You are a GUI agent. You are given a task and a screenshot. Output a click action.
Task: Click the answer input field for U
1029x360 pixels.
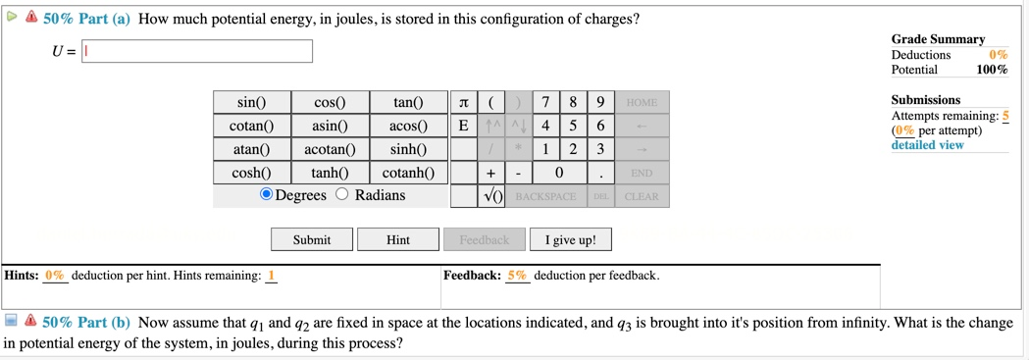[197, 51]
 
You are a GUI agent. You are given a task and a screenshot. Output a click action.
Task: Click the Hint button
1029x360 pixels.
[397, 239]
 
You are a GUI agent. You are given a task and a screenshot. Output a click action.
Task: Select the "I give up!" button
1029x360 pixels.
[570, 239]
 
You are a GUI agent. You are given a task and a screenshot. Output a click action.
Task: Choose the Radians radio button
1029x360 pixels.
[342, 194]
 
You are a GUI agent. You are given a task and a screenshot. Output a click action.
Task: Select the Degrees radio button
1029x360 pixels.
[266, 194]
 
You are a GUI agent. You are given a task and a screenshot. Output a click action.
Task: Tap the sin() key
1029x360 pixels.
[252, 102]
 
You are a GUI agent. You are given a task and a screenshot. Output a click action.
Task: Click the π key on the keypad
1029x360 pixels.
[463, 102]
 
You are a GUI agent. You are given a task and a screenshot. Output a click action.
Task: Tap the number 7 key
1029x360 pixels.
[545, 102]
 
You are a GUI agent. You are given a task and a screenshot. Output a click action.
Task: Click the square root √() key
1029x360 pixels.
[491, 196]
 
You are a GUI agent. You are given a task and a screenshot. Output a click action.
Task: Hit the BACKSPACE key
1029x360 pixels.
[545, 196]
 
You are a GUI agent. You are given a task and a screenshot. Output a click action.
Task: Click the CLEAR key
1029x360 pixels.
[642, 196]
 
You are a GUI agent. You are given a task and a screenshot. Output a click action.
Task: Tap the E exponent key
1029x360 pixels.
[463, 126]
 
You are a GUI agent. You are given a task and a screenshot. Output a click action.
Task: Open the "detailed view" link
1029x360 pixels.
[927, 145]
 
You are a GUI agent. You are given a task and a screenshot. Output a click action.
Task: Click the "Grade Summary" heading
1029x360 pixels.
[937, 39]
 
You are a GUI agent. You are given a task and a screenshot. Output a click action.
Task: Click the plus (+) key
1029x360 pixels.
[490, 173]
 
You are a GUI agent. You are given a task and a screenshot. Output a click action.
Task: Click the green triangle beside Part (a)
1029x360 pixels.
[12, 17]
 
